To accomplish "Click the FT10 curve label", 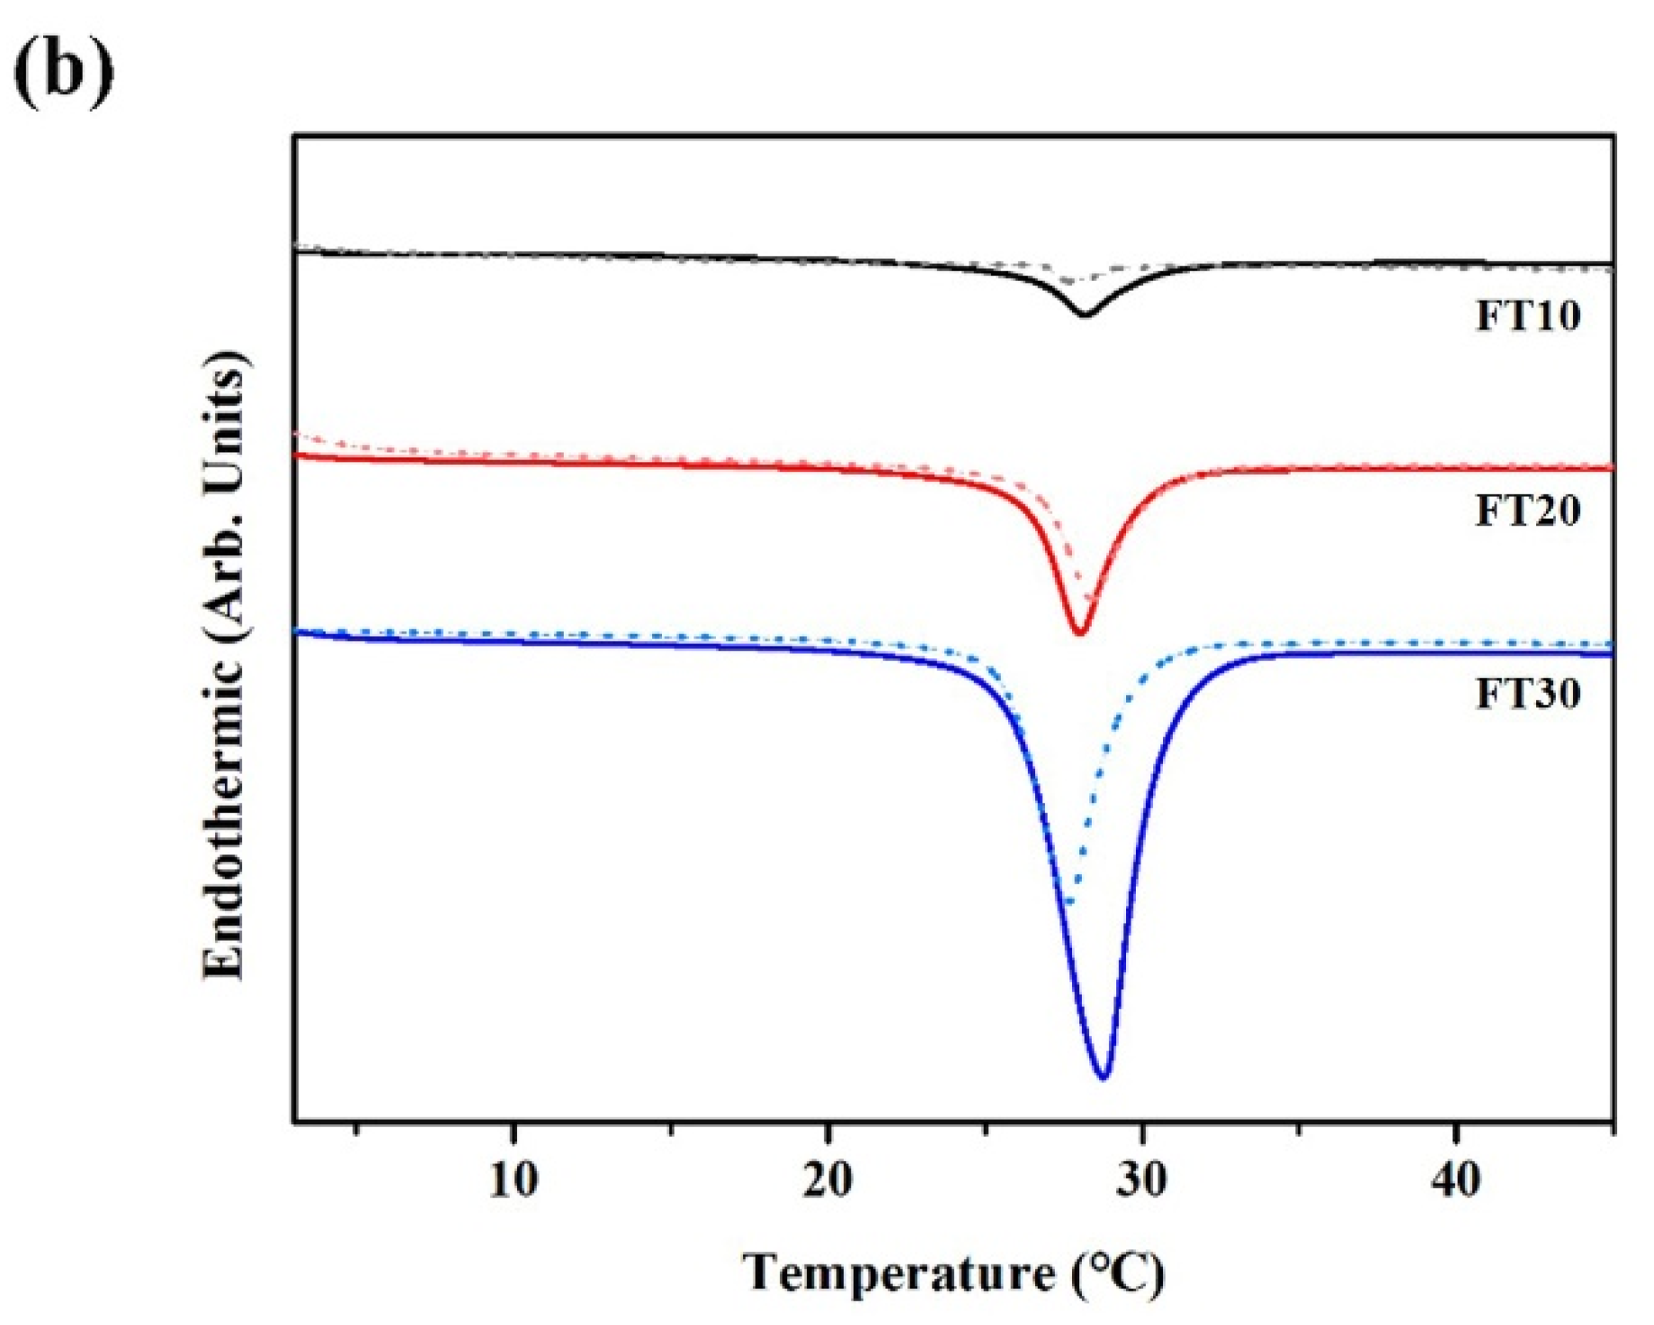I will click(1527, 316).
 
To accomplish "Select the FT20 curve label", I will click(1527, 510).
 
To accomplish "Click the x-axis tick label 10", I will click(514, 1179).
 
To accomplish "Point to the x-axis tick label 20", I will click(827, 1179).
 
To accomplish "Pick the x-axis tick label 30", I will click(1142, 1179).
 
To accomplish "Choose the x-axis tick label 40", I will click(1456, 1179).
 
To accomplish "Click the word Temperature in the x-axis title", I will click(899, 1274).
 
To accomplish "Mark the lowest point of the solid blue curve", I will click(1104, 1076).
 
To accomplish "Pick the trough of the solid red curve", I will click(1079, 633).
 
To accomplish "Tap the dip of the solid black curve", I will click(1085, 315).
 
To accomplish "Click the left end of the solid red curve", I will click(298, 456).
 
